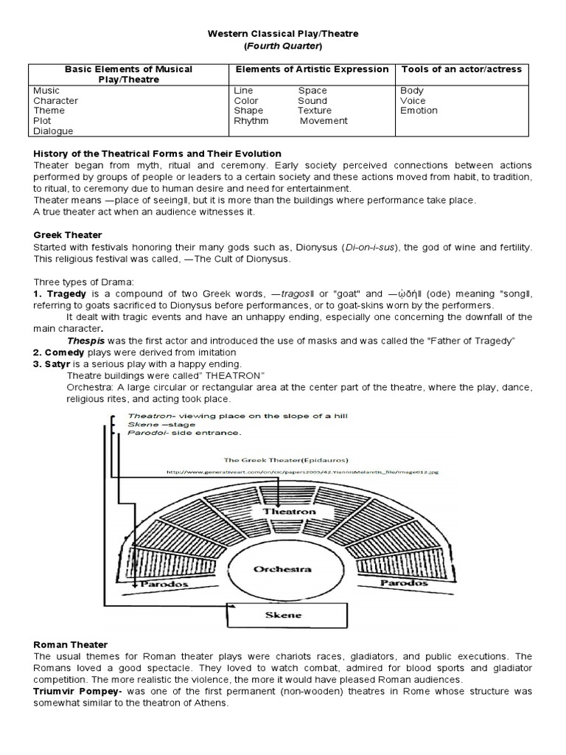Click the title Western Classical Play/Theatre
(x=282, y=33)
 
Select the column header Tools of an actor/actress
(x=461, y=69)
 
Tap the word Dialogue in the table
(x=53, y=131)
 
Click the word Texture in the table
(x=315, y=111)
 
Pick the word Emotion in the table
(x=419, y=111)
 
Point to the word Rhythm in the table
(x=251, y=121)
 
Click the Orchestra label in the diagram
(x=282, y=569)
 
